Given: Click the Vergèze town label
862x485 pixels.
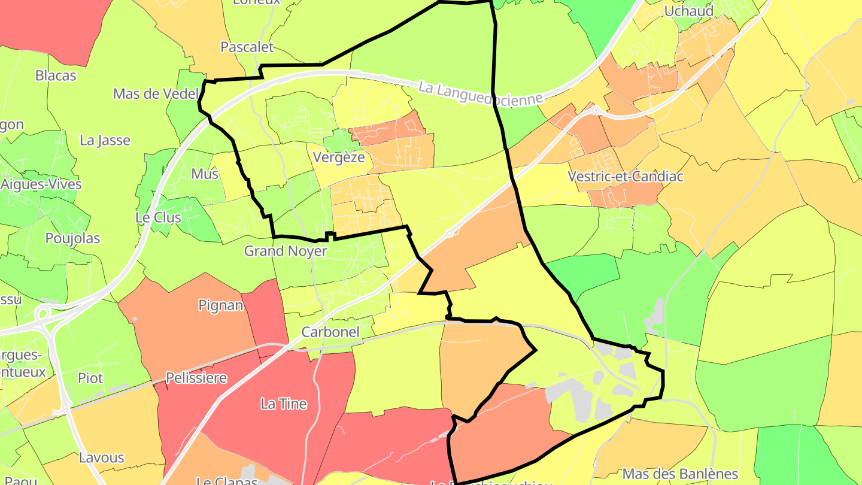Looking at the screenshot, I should coord(338,157).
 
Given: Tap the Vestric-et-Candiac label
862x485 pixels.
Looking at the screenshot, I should coord(625,177).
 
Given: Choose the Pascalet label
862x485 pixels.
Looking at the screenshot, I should coord(247,47).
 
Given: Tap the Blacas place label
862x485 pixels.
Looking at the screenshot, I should coord(56,75).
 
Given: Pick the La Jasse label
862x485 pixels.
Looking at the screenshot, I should coord(105,140).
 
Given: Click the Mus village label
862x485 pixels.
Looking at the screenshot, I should coord(205,174).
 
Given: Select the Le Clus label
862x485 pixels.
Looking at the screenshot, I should coord(158,217).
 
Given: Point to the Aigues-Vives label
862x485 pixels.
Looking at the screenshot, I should coord(41,184).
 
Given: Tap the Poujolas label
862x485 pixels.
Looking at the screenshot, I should coord(72,238).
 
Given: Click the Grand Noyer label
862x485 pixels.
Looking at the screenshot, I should coord(285,251).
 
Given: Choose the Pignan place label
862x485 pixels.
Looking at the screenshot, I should coord(221,305).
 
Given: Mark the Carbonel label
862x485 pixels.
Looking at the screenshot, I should coord(330,332).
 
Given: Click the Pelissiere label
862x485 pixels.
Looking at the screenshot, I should coord(196,378).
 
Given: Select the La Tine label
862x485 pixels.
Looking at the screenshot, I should coord(284,404).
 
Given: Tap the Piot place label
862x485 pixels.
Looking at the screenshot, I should coord(90,378).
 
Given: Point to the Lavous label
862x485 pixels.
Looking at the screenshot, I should coord(101,458).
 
